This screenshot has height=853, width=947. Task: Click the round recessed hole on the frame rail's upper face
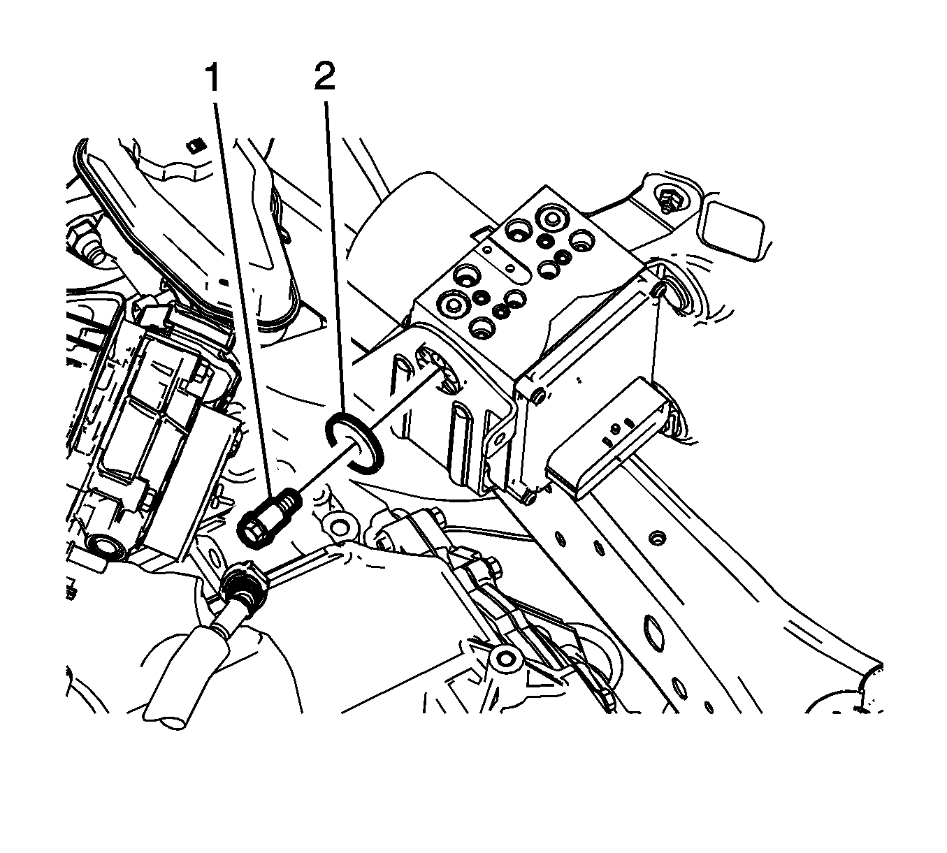[657, 538]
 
